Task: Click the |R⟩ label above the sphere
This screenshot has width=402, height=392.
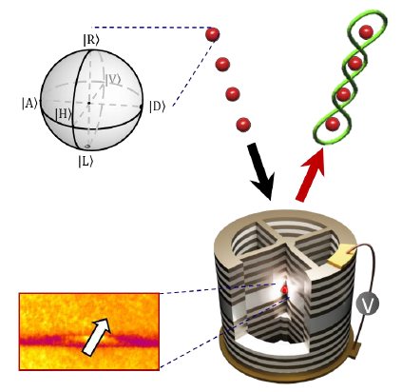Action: [x=91, y=40]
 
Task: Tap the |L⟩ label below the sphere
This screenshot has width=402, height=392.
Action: [x=86, y=162]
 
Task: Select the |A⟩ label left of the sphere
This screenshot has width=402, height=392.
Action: [x=29, y=104]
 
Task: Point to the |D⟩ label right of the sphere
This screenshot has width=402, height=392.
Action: [x=158, y=107]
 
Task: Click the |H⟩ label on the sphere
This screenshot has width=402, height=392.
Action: [x=63, y=114]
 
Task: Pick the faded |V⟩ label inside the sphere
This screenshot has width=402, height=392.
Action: [x=113, y=80]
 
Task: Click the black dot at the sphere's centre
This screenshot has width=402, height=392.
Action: [x=89, y=103]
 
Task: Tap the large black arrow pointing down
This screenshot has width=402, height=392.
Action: [x=261, y=171]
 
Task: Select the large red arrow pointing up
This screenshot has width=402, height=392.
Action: [x=311, y=174]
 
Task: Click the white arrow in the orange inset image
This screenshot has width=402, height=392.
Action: [x=96, y=336]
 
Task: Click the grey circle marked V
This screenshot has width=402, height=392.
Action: [x=368, y=304]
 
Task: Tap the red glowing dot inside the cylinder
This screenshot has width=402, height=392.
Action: [x=285, y=288]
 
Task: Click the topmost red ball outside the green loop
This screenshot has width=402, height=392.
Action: [x=212, y=34]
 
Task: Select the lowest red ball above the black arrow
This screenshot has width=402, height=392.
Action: [x=243, y=125]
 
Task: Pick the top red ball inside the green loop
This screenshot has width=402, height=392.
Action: [x=366, y=32]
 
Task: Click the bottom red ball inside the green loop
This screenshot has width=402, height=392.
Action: [x=333, y=124]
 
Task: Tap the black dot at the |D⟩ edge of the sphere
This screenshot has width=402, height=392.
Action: [x=142, y=108]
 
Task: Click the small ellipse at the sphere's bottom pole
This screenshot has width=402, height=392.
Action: [x=87, y=146]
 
